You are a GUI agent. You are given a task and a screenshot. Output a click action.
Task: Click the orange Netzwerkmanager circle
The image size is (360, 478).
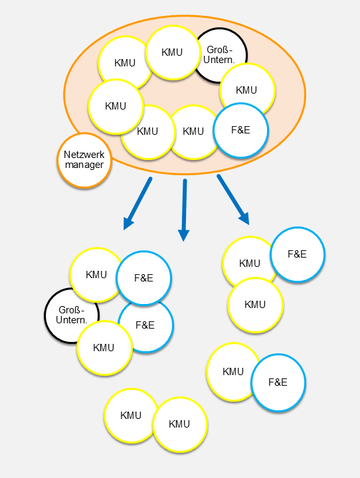84,161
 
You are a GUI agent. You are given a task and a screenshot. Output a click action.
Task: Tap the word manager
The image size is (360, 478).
84,165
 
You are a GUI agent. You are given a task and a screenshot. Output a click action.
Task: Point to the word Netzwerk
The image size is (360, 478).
84,155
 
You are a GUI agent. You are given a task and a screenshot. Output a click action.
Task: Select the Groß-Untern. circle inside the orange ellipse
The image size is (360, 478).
220,55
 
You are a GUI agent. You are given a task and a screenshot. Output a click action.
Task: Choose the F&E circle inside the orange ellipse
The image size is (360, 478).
240,130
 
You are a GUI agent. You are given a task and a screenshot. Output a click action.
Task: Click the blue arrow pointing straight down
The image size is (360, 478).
184,210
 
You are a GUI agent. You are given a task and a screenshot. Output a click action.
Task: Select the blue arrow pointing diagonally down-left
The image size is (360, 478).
137,203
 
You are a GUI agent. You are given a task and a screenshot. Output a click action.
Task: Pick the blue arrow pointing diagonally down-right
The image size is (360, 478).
233,199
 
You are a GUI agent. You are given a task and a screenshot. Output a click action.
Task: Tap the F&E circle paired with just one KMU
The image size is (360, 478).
278,382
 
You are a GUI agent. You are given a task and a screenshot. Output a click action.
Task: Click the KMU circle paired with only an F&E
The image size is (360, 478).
233,372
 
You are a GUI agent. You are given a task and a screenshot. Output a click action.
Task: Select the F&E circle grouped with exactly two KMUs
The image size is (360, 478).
298,254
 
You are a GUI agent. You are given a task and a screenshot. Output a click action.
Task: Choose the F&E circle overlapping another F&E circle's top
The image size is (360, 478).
143,278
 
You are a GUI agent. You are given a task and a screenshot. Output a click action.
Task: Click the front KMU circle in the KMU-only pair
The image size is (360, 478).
180,424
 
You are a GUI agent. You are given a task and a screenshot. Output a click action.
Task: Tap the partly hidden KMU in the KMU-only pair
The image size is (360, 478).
131,415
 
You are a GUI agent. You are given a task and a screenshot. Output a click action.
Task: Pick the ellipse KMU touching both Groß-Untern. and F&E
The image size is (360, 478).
247,90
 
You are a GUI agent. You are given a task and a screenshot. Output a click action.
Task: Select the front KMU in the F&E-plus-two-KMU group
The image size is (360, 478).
255,305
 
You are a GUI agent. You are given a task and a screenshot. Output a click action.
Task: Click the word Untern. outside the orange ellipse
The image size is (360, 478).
72,320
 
